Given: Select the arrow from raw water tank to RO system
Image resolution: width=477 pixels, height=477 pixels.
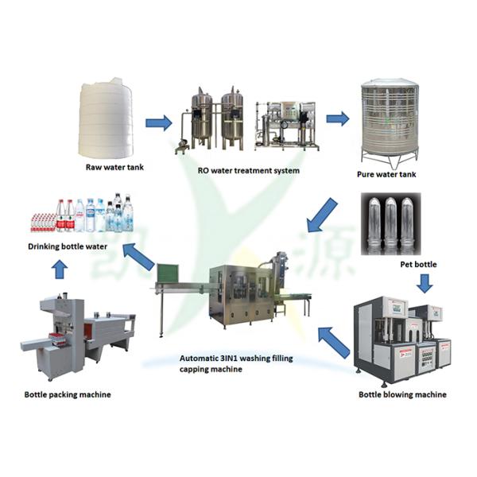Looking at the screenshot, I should click(x=158, y=122).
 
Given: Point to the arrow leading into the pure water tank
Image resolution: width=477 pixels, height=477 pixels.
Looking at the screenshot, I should click(x=338, y=118).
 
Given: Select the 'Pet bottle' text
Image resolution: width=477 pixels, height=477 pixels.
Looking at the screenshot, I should click(x=421, y=263).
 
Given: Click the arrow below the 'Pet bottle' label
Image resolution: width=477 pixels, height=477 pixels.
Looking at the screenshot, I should click(x=425, y=282).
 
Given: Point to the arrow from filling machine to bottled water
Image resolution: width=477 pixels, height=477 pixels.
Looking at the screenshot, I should click(x=138, y=257).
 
